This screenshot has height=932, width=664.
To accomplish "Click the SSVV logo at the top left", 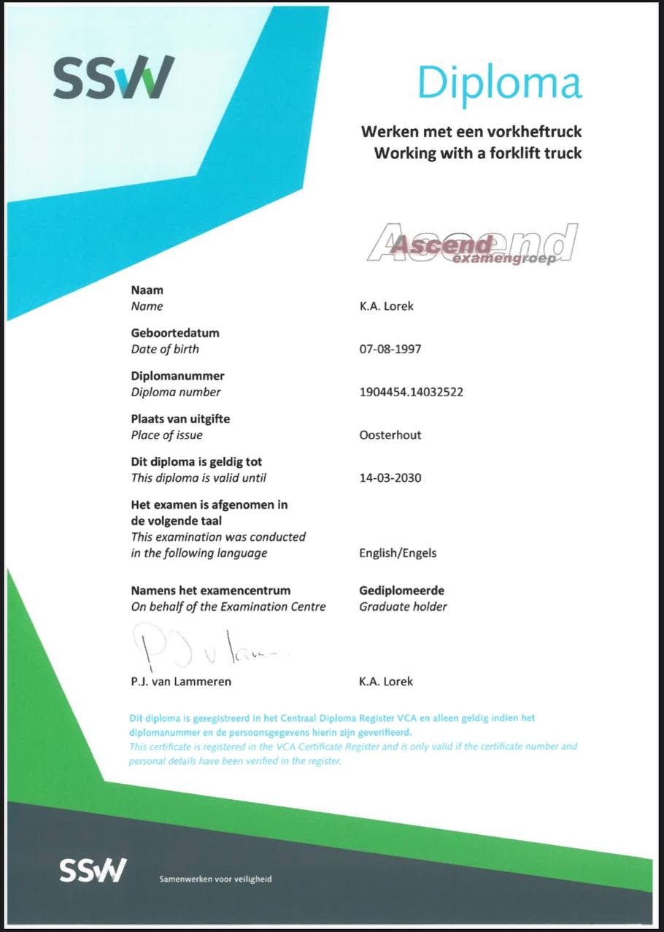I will (114, 77).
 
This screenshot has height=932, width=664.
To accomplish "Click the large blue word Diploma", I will (500, 82).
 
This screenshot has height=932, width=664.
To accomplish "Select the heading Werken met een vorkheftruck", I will (471, 133).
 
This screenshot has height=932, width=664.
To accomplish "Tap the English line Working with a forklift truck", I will (478, 154).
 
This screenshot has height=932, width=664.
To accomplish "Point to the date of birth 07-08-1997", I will (390, 349).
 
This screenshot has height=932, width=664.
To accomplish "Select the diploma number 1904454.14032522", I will (411, 392).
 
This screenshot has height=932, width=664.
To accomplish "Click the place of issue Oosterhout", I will (390, 435).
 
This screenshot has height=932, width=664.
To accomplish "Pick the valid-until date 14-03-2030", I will (390, 478).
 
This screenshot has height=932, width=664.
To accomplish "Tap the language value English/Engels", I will (398, 553).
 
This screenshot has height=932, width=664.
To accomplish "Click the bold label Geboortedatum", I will (175, 333).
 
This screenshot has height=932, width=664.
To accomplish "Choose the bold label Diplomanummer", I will (177, 376).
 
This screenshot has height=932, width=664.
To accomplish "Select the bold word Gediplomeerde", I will (401, 590).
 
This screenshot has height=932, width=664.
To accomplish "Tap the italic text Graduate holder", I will (403, 606).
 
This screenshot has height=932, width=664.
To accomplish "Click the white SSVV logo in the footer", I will (93, 871).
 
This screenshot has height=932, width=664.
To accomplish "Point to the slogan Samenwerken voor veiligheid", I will (215, 879).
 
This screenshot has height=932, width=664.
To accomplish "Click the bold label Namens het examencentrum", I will (211, 590).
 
